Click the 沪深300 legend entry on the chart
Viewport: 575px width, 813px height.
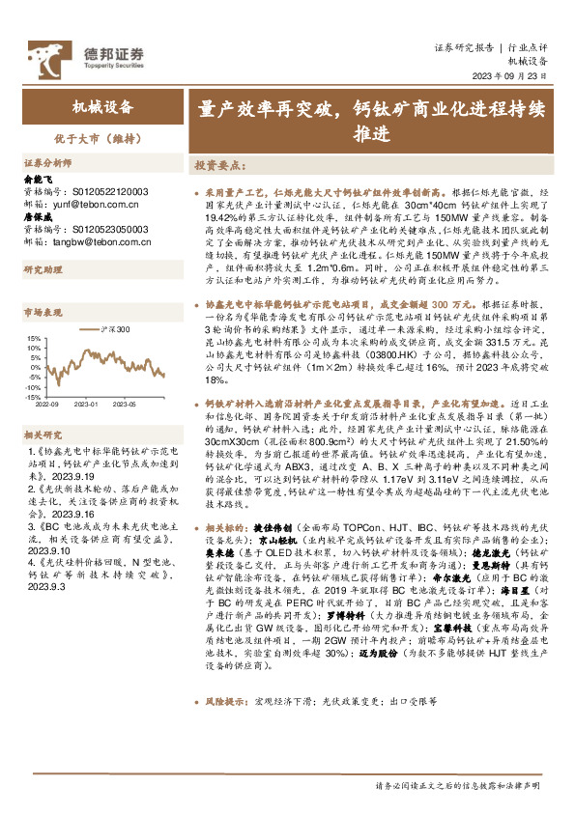pyautogui.click(x=113, y=329)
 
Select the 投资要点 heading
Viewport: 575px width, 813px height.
pyautogui.click(x=217, y=165)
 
